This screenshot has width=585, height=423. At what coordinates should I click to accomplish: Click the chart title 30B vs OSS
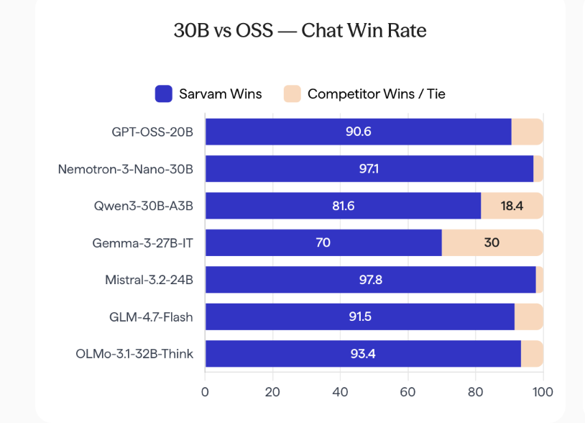point(300,31)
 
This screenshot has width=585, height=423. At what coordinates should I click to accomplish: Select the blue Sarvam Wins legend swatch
point(164,94)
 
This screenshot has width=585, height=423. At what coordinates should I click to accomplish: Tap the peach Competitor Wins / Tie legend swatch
point(292,94)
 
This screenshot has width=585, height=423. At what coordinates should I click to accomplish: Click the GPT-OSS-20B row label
point(152,132)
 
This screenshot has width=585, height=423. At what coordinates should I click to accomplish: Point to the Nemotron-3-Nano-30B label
point(126,169)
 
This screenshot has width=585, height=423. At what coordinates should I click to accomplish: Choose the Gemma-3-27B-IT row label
point(143,243)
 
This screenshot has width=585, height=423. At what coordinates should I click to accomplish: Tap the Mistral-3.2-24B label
point(149,280)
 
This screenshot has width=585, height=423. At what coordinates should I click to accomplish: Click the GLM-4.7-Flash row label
point(151,317)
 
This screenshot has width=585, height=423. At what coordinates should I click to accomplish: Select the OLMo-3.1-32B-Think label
point(134,354)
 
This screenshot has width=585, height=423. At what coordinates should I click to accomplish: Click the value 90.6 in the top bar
point(358,132)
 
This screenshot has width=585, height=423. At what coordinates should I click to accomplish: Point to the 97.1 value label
point(369,169)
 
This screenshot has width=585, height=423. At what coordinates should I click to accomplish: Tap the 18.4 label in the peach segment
point(512,206)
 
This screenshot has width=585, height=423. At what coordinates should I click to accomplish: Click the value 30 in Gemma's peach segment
point(492,243)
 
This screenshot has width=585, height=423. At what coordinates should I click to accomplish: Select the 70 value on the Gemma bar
point(323,243)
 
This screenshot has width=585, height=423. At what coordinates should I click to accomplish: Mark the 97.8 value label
point(371,280)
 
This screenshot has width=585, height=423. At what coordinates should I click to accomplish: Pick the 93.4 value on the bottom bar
point(363,354)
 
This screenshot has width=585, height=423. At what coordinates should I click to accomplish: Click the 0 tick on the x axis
point(205,393)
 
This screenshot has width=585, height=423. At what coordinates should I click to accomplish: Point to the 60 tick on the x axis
point(408,393)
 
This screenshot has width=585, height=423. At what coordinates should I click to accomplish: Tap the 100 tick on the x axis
point(543,393)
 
